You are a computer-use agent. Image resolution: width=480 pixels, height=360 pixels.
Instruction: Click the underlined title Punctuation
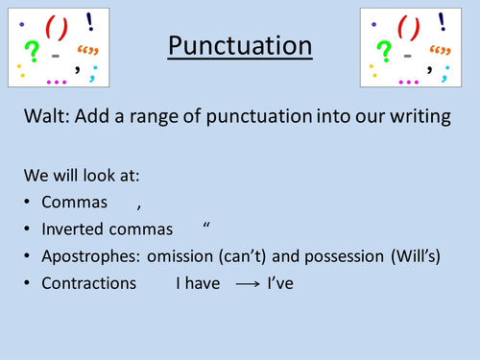[239, 45]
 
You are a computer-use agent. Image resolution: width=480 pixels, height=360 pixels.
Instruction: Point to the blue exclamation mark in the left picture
[89, 18]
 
